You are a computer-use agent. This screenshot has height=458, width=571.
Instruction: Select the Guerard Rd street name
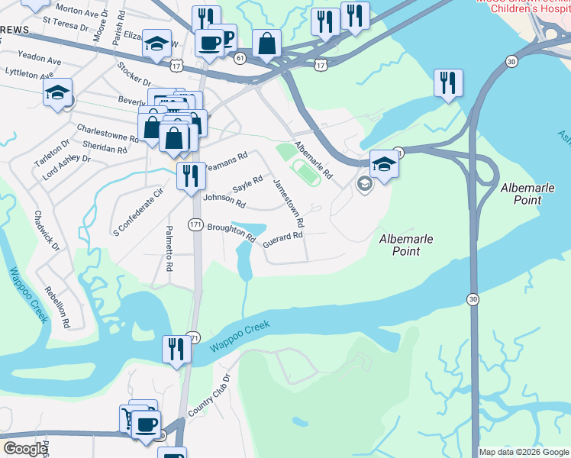282,240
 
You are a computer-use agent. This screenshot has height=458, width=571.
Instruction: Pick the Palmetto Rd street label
169,248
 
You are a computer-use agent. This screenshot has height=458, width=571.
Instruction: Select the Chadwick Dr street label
47,230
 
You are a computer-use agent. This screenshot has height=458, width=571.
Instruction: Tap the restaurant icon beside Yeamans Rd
190,176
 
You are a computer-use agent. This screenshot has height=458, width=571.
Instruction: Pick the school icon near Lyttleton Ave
57,92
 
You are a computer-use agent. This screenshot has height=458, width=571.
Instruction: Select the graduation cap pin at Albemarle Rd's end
384,163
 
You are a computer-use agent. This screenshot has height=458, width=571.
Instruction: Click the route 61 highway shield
240,58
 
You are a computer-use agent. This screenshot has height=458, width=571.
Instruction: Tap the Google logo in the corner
24,449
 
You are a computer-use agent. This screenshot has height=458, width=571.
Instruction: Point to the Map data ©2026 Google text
524,452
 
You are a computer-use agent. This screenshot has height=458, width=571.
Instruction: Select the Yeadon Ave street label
39,59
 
